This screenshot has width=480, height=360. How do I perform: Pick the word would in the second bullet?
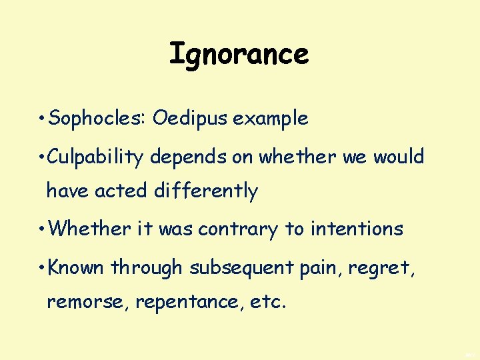click(x=399, y=157)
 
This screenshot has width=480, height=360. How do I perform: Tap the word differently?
click(x=206, y=191)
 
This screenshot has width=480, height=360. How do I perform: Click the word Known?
click(x=77, y=267)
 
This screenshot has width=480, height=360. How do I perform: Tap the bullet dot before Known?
click(x=42, y=268)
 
